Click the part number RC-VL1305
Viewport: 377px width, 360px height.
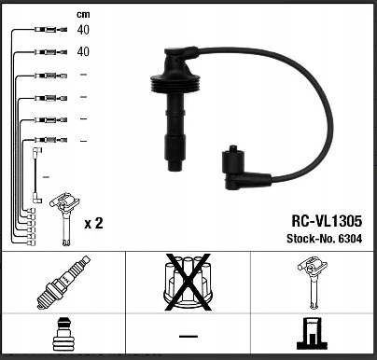pos(327,221)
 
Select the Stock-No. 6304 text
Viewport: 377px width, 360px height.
pos(324,239)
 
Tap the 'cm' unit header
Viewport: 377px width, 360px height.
pos(83,14)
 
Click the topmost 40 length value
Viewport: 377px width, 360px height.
pos(83,30)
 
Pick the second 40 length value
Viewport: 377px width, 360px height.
pos(83,51)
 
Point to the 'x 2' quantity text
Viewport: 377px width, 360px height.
pos(93,223)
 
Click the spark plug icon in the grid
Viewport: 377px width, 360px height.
pos(63,283)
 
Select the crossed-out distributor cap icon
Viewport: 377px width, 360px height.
pos(188,283)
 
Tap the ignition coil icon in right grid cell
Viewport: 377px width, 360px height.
pos(312,283)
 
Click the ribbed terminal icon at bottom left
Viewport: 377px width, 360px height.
pos(63,335)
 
